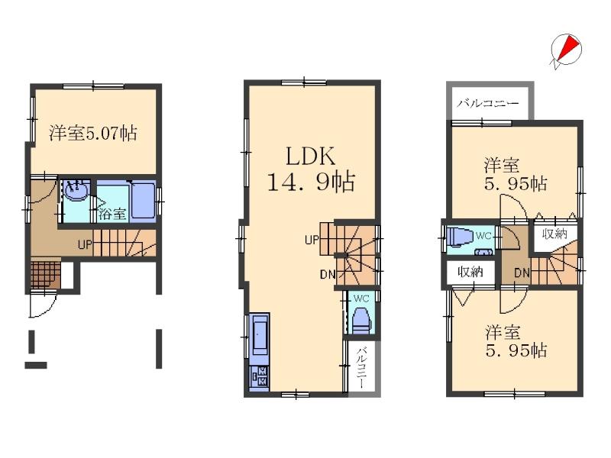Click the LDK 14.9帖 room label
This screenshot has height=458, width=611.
(310, 169)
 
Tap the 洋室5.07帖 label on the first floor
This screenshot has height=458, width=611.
(93, 133)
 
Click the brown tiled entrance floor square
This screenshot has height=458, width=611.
(44, 275)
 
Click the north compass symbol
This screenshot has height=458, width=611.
(566, 50)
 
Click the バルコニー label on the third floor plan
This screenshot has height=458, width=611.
(488, 103)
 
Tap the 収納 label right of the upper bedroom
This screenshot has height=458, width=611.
(554, 234)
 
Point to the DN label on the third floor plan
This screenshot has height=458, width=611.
(522, 273)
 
